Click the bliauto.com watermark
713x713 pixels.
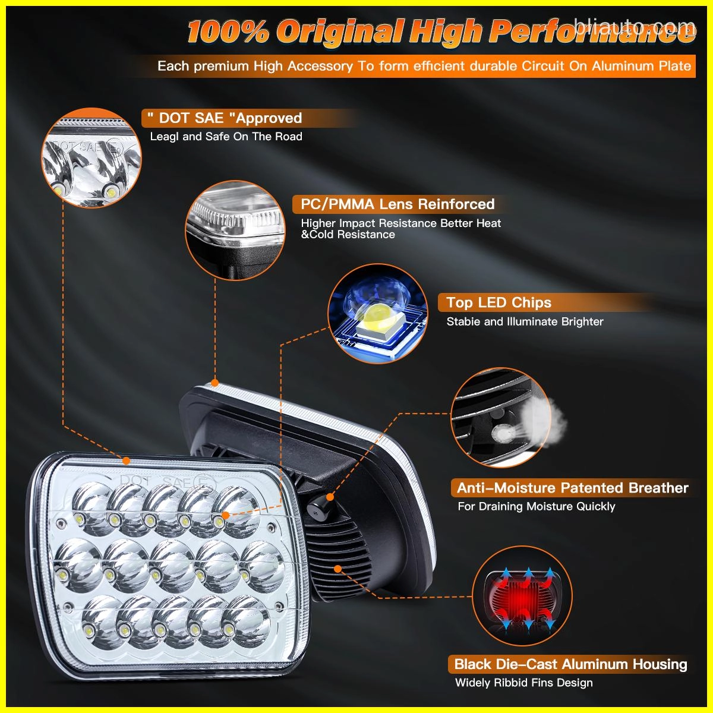[x=635, y=26]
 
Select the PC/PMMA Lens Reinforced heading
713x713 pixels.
[x=397, y=204]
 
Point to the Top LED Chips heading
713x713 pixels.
[x=499, y=302]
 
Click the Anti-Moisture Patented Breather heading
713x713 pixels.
[x=572, y=488]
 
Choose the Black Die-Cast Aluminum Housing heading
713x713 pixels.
[x=570, y=664]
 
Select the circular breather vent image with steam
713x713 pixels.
[x=501, y=417]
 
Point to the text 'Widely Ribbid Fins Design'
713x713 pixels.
[x=523, y=683]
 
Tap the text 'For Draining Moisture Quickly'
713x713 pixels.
[x=536, y=506]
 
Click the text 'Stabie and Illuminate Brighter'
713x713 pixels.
[x=525, y=321]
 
